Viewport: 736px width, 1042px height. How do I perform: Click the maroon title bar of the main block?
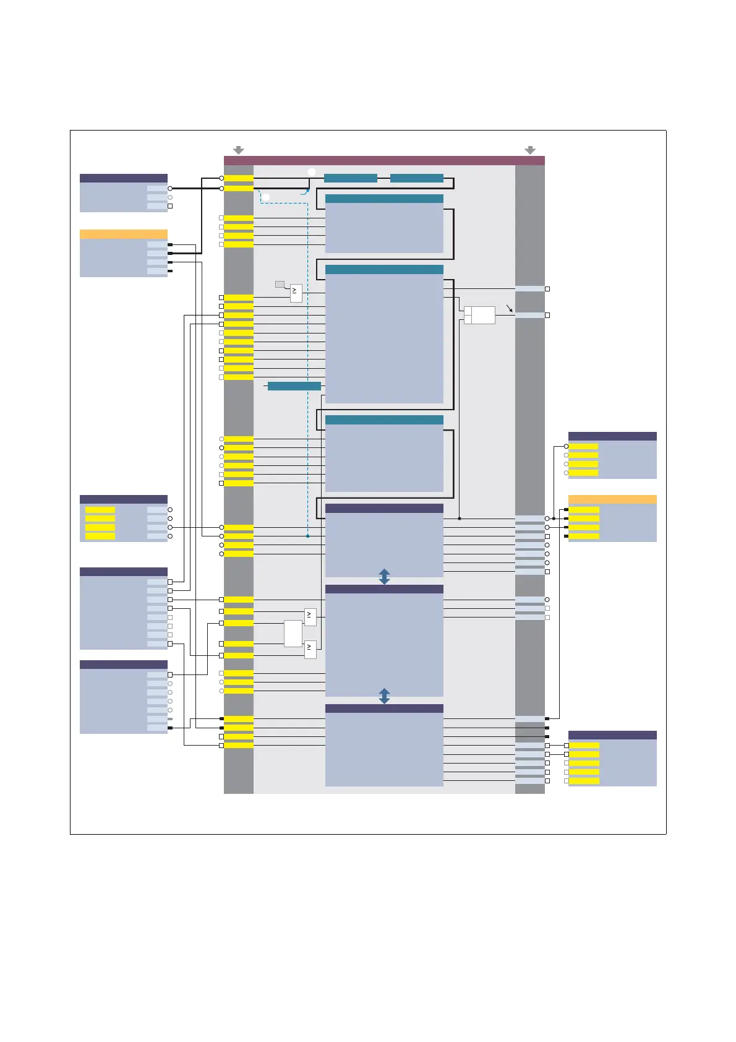coord(384,160)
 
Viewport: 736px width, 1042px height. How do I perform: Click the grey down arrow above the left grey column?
coord(239,150)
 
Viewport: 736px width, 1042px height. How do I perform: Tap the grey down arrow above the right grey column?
coord(530,150)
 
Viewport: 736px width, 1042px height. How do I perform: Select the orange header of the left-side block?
coord(124,235)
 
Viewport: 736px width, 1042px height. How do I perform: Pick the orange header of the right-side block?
coord(612,499)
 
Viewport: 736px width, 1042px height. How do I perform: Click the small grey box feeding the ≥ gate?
coord(280,285)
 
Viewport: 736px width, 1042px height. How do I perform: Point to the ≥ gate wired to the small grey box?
coord(296,293)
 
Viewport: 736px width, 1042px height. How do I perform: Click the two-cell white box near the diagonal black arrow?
coord(479,315)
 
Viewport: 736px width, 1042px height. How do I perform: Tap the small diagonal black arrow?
coord(510,308)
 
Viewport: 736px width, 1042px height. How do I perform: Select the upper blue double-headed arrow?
coord(384,577)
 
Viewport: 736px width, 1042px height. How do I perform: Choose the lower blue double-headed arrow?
coord(384,696)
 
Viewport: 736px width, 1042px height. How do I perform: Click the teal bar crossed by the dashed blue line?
coord(294,386)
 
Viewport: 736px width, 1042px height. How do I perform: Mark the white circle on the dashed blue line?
coord(265,197)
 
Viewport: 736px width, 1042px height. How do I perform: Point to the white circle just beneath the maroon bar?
coord(312,172)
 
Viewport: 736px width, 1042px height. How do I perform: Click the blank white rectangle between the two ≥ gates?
coord(293,633)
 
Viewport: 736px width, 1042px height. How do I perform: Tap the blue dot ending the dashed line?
coord(307,536)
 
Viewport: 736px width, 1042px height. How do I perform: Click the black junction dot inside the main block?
coord(460,519)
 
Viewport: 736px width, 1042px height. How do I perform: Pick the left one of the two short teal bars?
coord(351,178)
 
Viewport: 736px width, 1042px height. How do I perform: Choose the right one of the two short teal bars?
coord(417,178)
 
